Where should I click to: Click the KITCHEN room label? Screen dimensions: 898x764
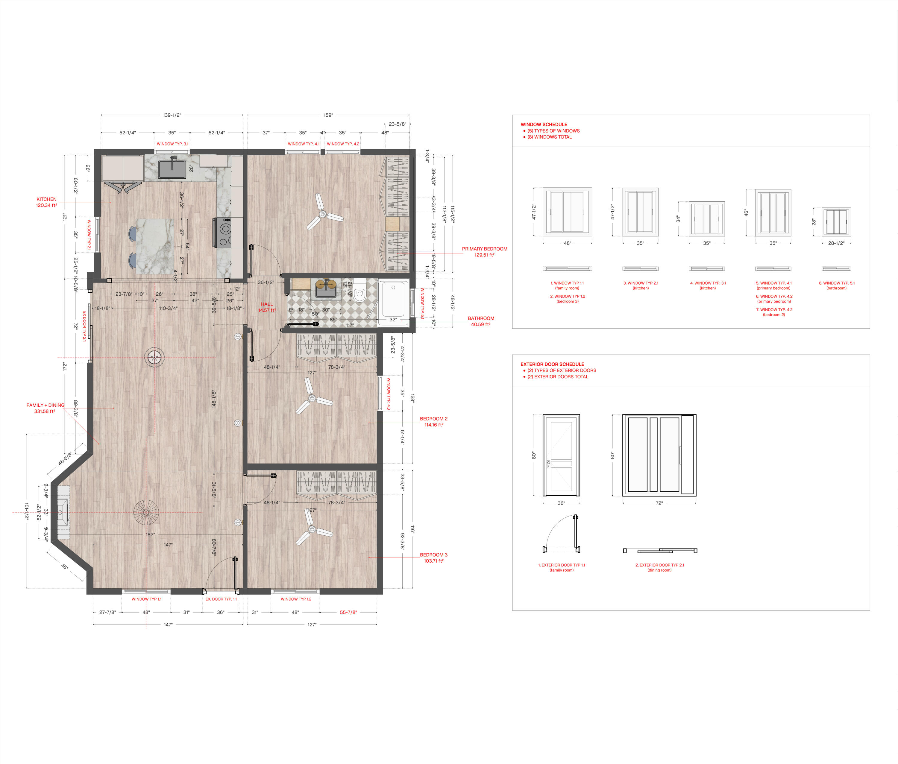(x=46, y=199)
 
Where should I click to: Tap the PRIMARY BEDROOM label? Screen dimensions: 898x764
(x=484, y=249)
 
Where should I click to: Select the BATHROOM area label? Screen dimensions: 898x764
(x=481, y=318)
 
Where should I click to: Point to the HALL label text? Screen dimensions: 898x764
(x=267, y=304)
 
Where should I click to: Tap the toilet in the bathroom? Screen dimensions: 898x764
(x=359, y=292)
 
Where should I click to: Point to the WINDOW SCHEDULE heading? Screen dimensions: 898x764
(x=544, y=124)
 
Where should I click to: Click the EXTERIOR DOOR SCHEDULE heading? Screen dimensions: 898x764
(x=552, y=364)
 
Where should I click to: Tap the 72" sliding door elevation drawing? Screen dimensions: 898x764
(x=659, y=455)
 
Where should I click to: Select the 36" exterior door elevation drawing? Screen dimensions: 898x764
(x=562, y=455)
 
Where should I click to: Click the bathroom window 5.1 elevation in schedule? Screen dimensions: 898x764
(x=836, y=222)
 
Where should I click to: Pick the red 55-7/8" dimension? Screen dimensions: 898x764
(x=348, y=612)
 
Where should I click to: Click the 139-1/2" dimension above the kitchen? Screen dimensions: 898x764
(x=172, y=115)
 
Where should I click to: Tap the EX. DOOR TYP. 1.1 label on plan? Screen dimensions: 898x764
(x=221, y=599)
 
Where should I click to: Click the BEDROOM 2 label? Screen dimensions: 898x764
(x=434, y=419)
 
